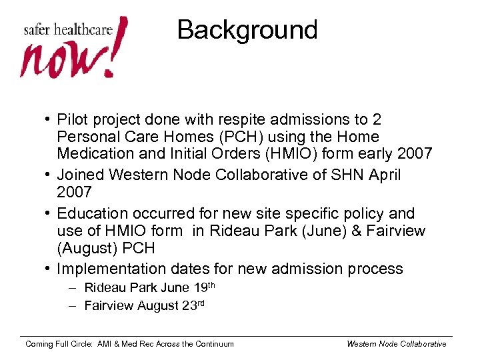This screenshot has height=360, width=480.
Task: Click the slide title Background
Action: [x=247, y=30]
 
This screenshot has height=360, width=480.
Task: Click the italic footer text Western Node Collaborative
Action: [x=396, y=344]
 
